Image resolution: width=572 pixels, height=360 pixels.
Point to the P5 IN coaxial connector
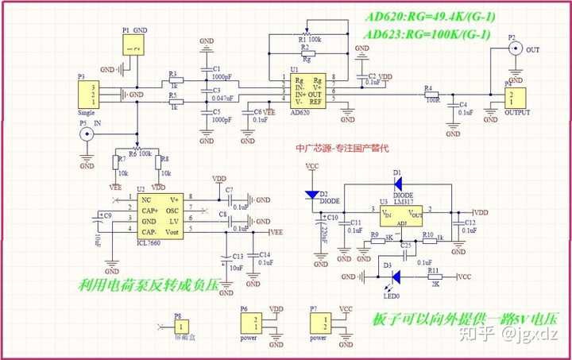[86, 135]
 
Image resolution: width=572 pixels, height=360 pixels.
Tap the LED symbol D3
[395, 277]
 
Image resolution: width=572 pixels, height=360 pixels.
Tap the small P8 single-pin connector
[182, 326]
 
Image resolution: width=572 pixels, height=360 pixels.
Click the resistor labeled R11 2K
[435, 277]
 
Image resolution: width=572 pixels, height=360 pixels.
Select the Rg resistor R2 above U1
[307, 54]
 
